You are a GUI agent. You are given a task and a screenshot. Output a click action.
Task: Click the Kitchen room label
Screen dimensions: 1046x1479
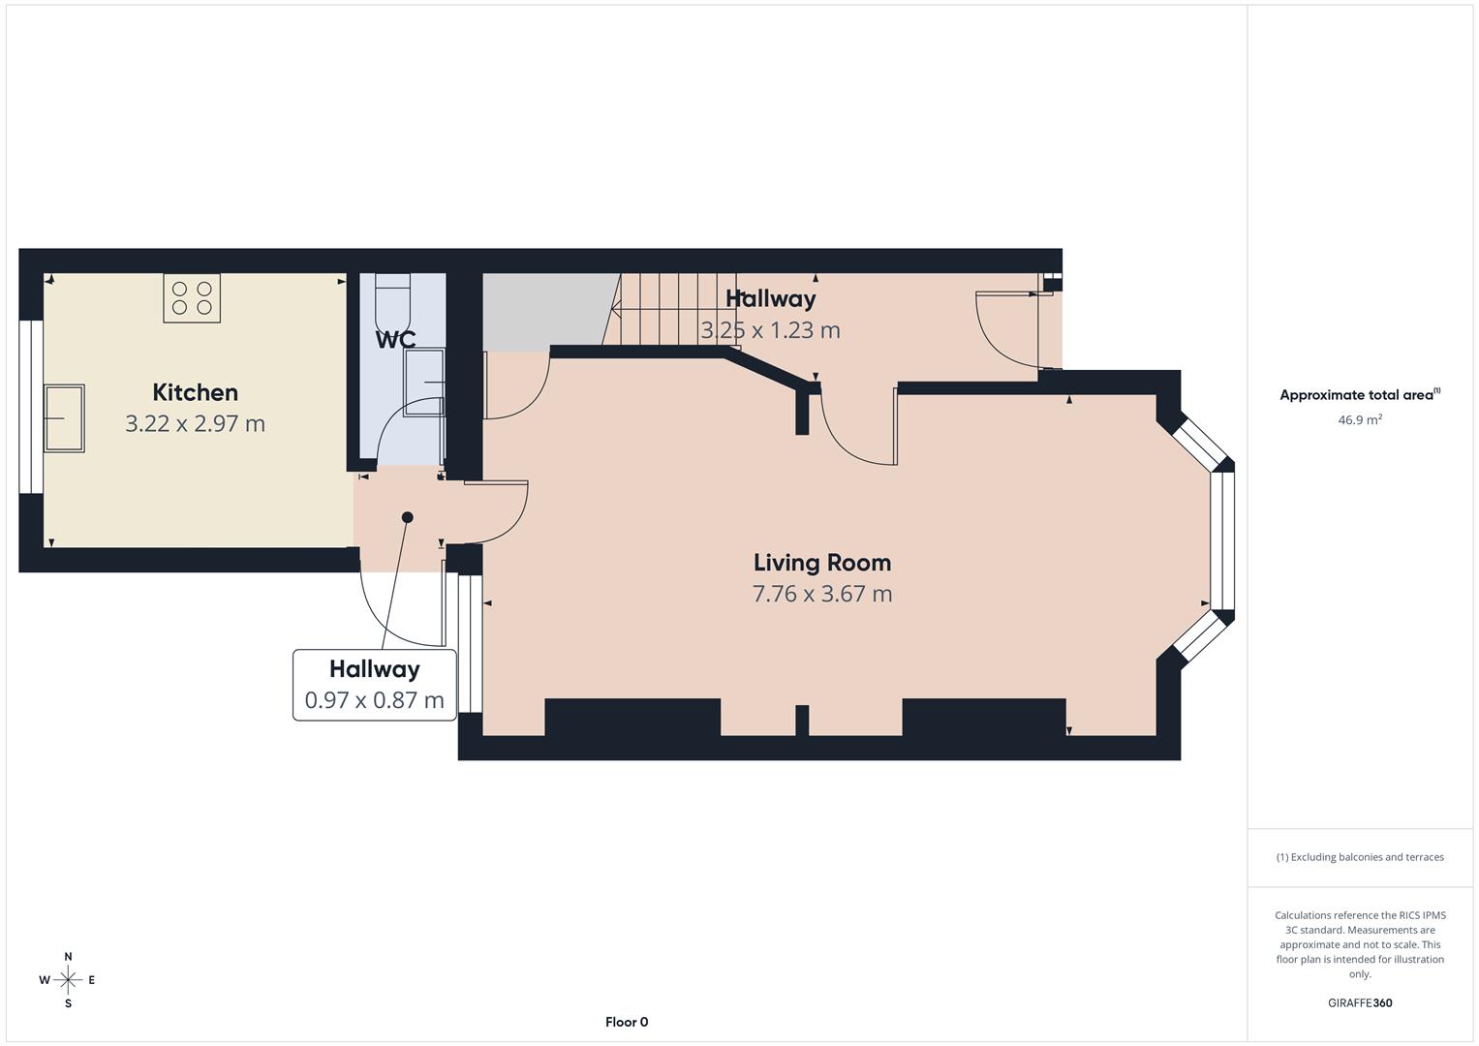pyautogui.click(x=195, y=392)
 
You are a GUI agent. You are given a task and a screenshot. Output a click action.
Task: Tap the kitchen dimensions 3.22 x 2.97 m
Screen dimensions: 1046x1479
pyautogui.click(x=195, y=423)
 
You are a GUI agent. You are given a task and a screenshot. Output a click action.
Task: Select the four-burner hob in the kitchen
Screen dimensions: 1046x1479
pyautogui.click(x=192, y=298)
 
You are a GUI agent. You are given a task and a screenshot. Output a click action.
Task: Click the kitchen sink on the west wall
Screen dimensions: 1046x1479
pyautogui.click(x=64, y=417)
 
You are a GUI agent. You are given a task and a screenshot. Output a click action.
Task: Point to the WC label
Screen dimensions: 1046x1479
pyautogui.click(x=395, y=340)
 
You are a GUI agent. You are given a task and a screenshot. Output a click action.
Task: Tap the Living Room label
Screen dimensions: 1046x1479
pyautogui.click(x=821, y=563)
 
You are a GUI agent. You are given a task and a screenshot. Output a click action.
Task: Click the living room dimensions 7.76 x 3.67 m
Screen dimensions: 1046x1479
pyautogui.click(x=821, y=594)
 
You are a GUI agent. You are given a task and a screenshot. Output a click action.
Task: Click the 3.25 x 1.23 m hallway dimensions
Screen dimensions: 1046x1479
pyautogui.click(x=770, y=330)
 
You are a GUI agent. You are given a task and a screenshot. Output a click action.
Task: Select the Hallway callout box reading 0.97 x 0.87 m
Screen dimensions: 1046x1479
pyautogui.click(x=375, y=685)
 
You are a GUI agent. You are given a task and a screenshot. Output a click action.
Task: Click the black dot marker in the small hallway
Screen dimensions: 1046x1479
pyautogui.click(x=408, y=517)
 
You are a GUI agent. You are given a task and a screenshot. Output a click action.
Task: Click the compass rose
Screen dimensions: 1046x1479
pyautogui.click(x=68, y=980)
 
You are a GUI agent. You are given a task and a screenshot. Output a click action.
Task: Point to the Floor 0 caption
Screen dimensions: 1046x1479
pyautogui.click(x=627, y=1022)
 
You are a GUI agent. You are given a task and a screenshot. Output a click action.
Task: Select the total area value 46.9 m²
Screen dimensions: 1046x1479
pyautogui.click(x=1359, y=420)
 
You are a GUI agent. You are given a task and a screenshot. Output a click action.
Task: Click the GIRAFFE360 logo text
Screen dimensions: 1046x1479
pyautogui.click(x=1359, y=1002)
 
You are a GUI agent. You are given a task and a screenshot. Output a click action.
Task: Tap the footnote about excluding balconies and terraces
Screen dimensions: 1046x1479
pyautogui.click(x=1359, y=857)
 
